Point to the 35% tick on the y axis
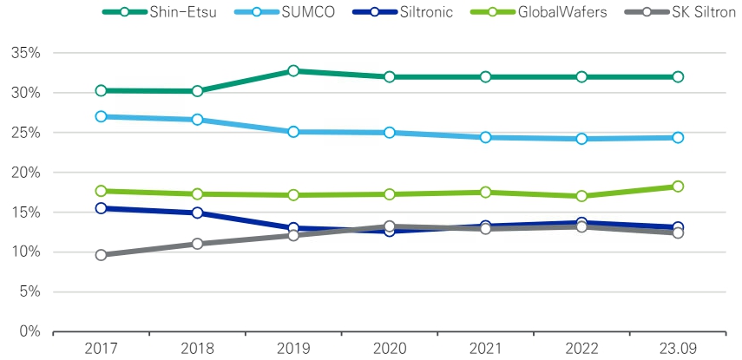(29, 53)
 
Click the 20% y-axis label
(29, 173)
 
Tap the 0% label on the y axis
(32, 331)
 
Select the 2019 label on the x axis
(293, 349)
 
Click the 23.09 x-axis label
(678, 349)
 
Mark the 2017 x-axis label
(102, 349)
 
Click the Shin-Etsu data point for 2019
(293, 71)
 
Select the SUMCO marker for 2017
(102, 116)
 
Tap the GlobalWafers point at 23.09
(678, 187)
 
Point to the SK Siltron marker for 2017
(102, 255)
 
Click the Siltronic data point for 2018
(197, 213)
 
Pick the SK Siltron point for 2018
(197, 244)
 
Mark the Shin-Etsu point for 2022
(581, 77)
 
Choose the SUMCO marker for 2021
(485, 137)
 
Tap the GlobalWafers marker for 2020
(390, 194)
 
